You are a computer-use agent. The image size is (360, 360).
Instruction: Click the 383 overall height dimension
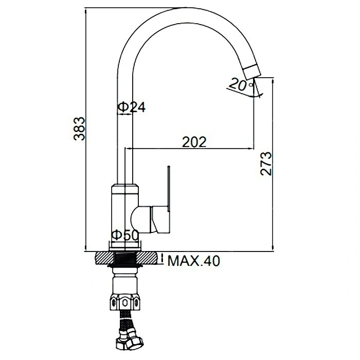click(79, 129)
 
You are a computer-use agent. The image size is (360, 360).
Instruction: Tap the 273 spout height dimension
click(266, 164)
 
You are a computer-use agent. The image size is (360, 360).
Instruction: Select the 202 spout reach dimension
click(194, 142)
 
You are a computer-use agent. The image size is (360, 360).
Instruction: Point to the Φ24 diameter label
click(132, 107)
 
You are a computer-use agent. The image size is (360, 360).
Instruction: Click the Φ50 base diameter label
click(125, 235)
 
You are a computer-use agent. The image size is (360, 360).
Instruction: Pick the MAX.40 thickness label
click(194, 261)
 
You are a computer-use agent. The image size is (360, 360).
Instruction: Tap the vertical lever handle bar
click(169, 188)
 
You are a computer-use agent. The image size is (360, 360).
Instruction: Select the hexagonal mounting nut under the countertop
click(125, 302)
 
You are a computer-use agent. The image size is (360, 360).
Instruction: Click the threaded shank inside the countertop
click(125, 259)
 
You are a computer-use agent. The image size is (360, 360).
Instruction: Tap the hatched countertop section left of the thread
click(105, 258)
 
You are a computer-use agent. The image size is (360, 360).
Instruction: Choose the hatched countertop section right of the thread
click(147, 258)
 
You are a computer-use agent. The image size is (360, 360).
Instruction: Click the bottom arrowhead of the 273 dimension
click(273, 248)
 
